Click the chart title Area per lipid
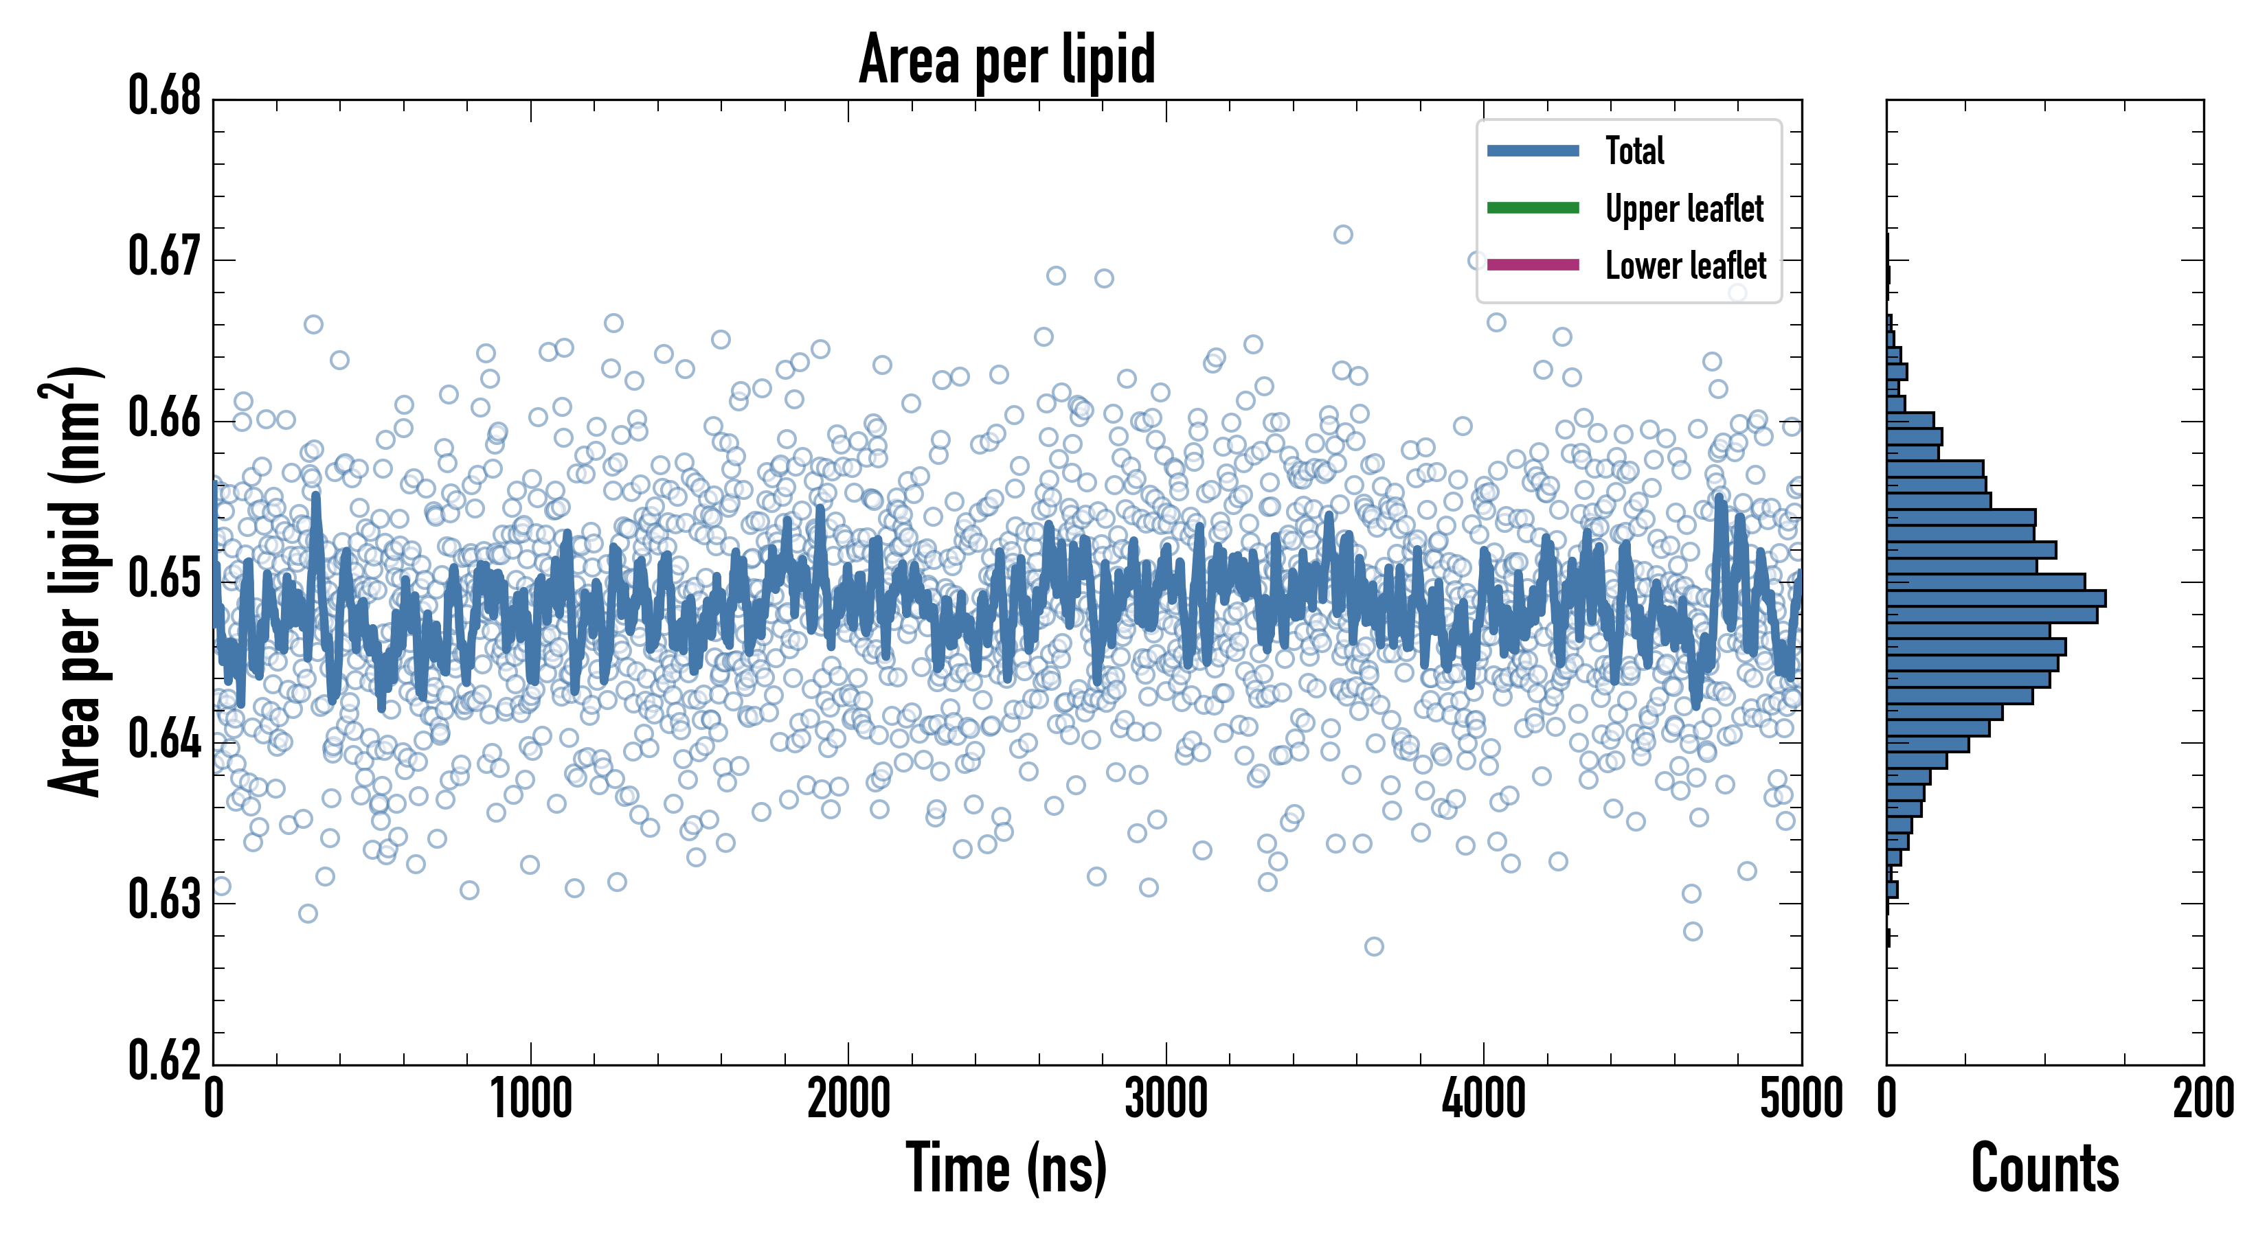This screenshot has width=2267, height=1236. click(1007, 59)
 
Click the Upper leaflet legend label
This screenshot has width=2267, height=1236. click(1684, 209)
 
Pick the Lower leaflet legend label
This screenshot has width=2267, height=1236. click(1685, 265)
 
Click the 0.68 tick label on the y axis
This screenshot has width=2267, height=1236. click(165, 96)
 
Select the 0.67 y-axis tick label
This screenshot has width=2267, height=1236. click(165, 257)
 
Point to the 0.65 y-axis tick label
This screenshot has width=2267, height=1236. click(165, 579)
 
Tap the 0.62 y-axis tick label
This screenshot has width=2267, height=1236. click(165, 1060)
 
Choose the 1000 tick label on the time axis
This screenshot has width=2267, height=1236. click(530, 1099)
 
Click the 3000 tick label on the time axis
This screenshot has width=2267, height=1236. click(1166, 1099)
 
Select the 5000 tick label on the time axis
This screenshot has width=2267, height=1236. click(1801, 1099)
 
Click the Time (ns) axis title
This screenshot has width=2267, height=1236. click(1007, 1168)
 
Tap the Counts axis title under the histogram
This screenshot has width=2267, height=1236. click(2044, 1168)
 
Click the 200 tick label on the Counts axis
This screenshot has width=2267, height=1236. click(2202, 1099)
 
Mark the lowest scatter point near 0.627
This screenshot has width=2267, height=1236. click(1374, 947)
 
